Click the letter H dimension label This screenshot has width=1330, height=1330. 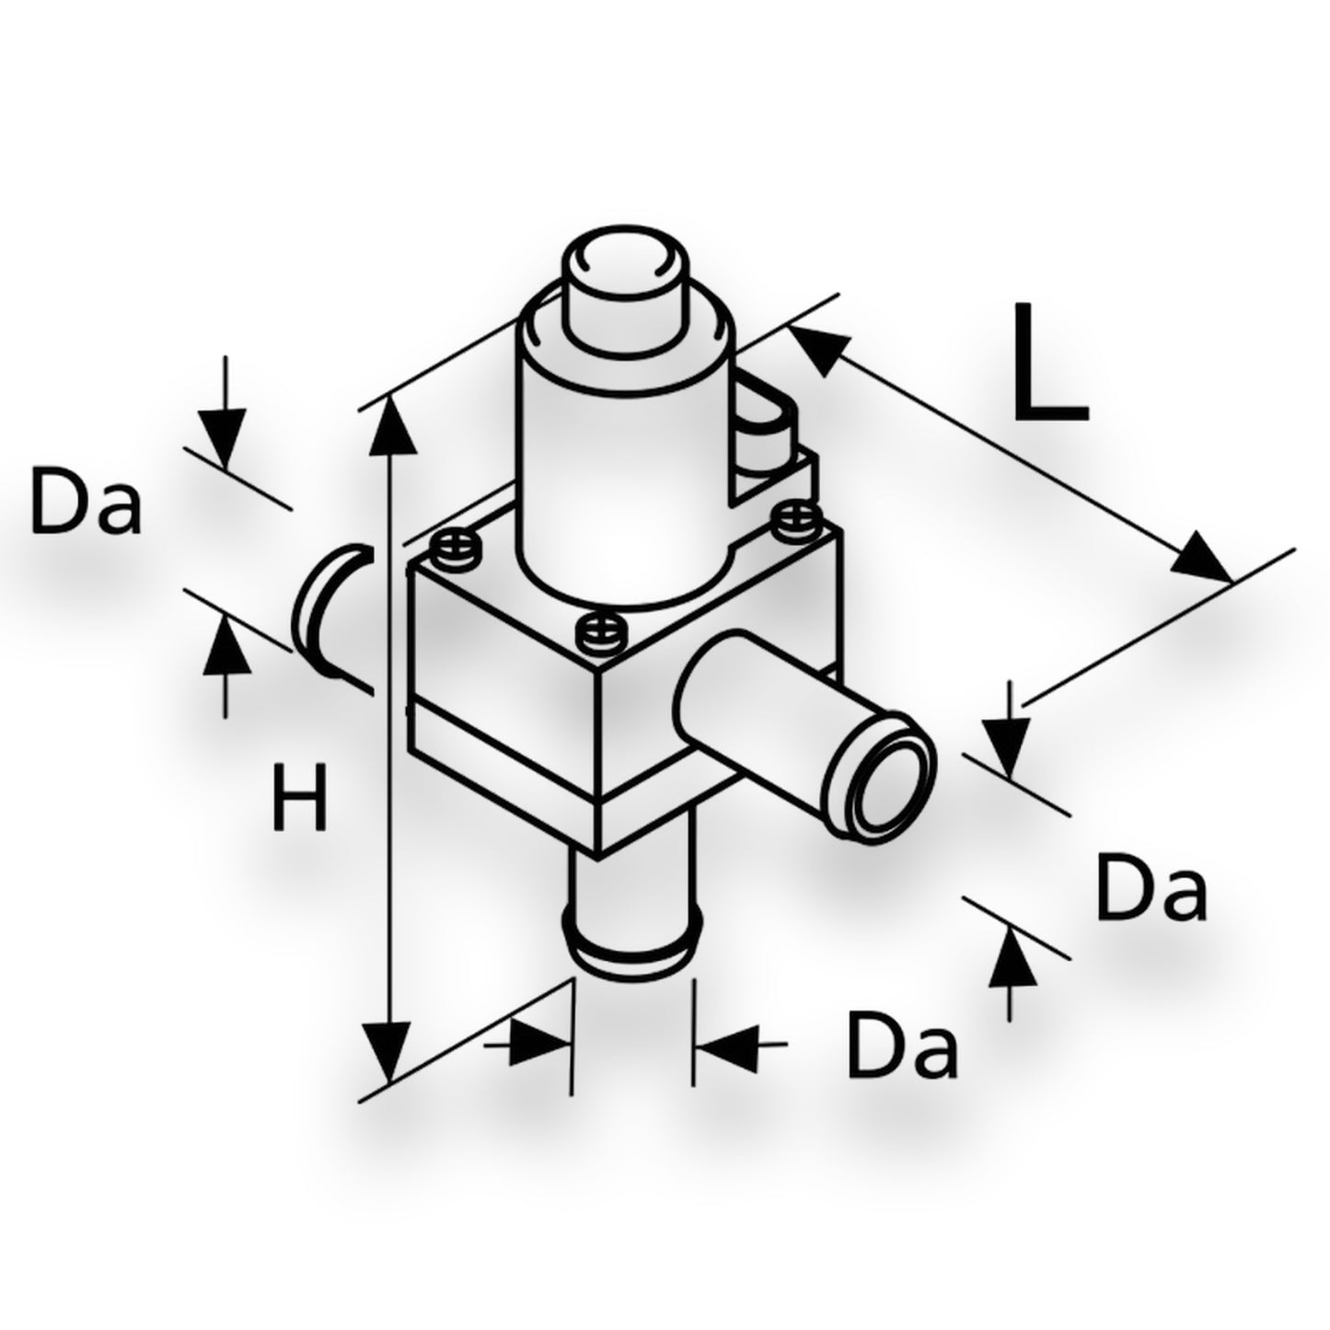(x=299, y=796)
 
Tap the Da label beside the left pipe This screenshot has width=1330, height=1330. (x=87, y=500)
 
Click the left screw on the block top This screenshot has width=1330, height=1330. (x=454, y=549)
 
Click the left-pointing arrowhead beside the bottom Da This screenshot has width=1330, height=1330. (x=724, y=1064)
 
